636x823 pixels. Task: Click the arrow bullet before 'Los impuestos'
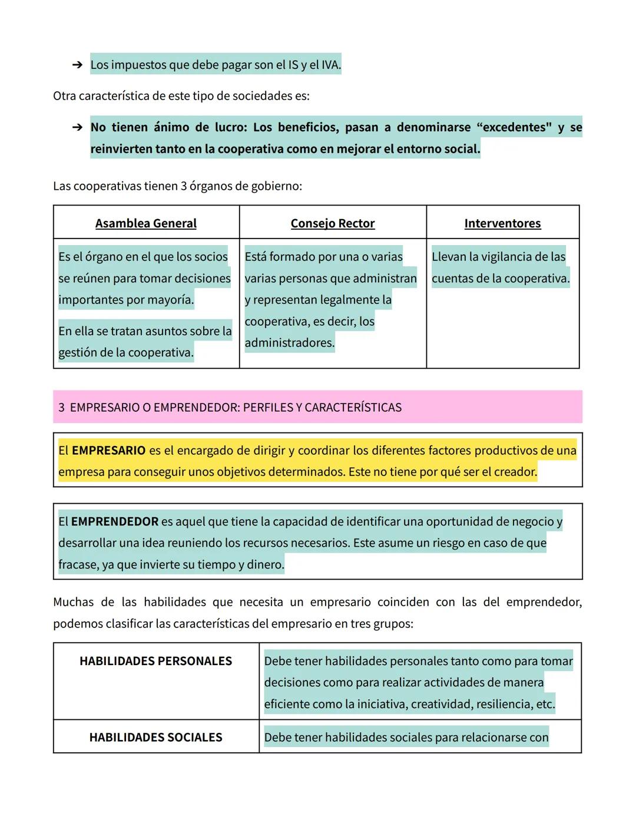[77, 65]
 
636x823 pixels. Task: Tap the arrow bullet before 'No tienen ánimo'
[77, 127]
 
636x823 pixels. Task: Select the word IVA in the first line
[330, 65]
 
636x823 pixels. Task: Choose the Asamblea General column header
[146, 223]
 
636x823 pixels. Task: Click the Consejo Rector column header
[333, 223]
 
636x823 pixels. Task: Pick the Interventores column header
[502, 223]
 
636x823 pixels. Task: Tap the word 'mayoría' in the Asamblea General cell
[171, 300]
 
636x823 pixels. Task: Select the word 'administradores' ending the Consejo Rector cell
[289, 343]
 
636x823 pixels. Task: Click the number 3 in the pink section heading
[62, 408]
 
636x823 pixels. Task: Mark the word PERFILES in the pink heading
[270, 408]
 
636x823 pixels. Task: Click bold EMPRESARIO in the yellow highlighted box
[108, 451]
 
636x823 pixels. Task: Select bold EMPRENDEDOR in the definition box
[115, 522]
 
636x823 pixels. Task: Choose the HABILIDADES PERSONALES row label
[156, 662]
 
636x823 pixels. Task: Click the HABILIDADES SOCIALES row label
[156, 738]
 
